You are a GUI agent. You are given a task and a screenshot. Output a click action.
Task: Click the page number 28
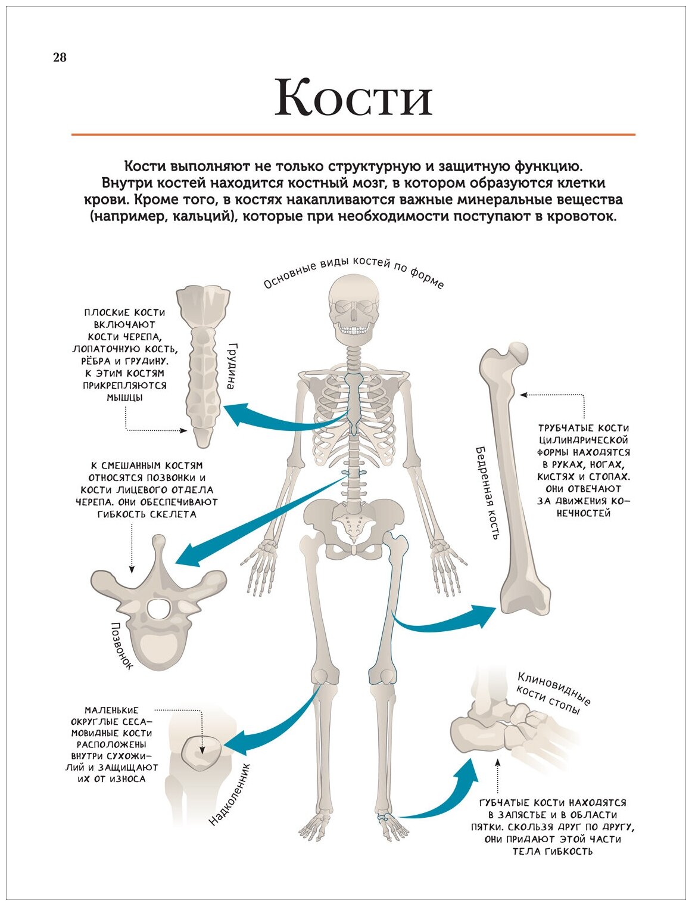pyautogui.click(x=60, y=58)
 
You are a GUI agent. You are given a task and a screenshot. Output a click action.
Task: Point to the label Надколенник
pyautogui.click(x=230, y=796)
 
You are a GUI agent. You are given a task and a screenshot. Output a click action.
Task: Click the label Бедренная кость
pyautogui.click(x=486, y=492)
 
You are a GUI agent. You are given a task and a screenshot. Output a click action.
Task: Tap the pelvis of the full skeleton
pyautogui.click(x=354, y=522)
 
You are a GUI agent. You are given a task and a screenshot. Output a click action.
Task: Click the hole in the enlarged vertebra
pyautogui.click(x=159, y=609)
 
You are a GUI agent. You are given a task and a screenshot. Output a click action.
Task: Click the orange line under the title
pyautogui.click(x=353, y=135)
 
